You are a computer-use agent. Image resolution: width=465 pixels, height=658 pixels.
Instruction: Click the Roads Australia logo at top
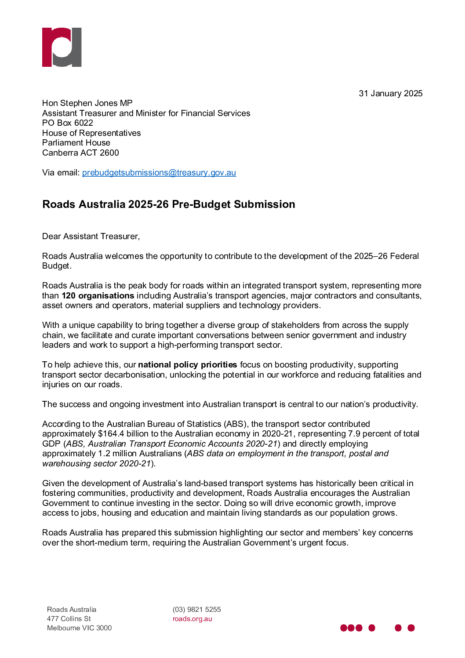click(x=62, y=47)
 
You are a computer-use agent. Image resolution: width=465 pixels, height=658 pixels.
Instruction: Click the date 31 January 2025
click(x=390, y=94)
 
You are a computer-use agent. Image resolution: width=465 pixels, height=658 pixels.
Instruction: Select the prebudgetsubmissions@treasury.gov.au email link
click(x=159, y=173)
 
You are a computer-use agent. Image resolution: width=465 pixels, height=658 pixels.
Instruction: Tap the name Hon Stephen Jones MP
click(x=87, y=103)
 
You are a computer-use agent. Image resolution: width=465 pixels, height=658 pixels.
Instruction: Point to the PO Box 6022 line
click(x=68, y=123)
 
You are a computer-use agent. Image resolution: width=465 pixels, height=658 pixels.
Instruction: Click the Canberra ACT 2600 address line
click(x=80, y=153)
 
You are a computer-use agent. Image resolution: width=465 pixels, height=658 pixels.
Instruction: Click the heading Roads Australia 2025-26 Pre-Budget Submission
click(x=169, y=204)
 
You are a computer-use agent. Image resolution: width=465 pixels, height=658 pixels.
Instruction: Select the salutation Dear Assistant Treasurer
click(x=91, y=236)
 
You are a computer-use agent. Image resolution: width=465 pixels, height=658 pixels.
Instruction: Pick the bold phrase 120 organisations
click(x=98, y=296)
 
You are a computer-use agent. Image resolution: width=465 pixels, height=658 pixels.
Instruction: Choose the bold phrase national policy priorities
click(x=187, y=365)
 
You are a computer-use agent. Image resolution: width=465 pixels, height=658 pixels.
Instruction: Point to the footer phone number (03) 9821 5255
click(x=196, y=610)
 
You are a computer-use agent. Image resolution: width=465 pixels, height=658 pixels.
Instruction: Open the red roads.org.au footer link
click(x=192, y=619)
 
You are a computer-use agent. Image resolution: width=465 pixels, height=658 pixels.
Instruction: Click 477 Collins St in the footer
click(x=69, y=619)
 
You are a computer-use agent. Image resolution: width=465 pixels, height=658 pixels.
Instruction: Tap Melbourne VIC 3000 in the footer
click(x=79, y=628)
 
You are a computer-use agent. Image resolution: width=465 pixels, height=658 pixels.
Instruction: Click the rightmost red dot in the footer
click(x=411, y=628)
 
